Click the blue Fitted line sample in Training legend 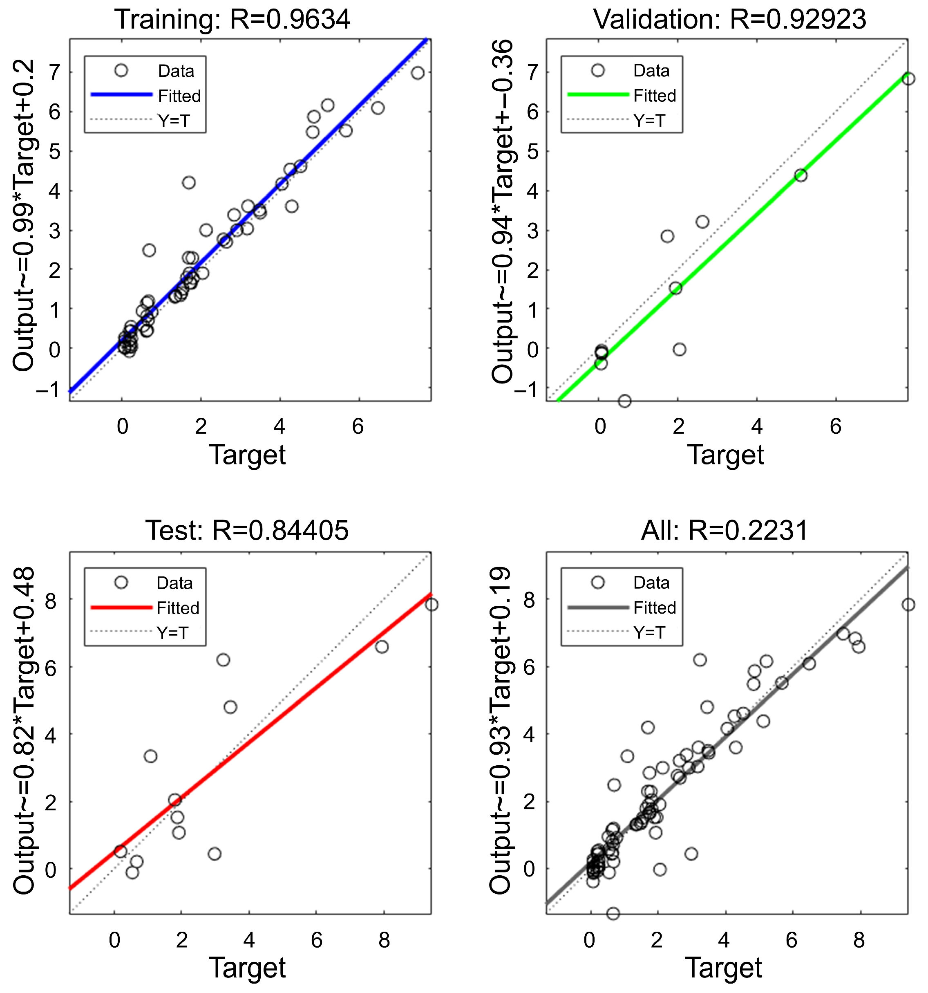point(121,95)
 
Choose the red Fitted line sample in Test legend point(121,607)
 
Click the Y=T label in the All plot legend point(649,633)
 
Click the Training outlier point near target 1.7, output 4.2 point(188,183)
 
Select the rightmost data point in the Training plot point(418,73)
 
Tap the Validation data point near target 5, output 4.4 point(801,175)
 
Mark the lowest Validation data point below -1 point(624,401)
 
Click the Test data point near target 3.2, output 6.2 point(223,660)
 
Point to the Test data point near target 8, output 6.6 point(382,647)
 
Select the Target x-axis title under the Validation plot point(725,455)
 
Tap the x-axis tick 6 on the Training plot point(358,426)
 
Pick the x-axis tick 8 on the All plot point(859,940)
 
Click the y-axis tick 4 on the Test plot point(51,734)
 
